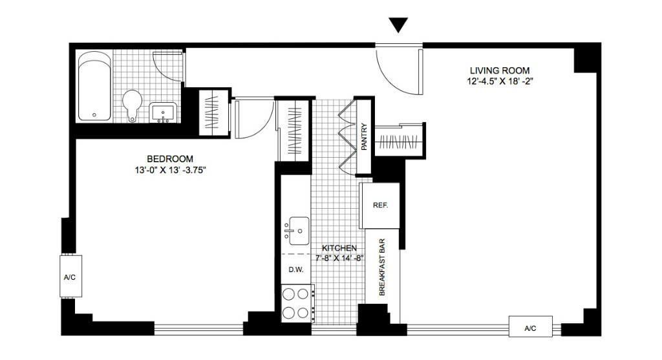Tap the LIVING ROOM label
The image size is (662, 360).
(499, 70)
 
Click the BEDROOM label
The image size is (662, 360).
(170, 159)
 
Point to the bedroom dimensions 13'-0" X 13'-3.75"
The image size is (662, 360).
(170, 171)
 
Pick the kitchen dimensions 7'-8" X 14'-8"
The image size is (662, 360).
(339, 258)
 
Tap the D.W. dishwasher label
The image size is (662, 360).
(296, 270)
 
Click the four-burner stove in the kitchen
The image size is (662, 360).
(297, 303)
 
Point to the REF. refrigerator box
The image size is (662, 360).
(380, 205)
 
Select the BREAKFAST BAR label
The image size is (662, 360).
(383, 268)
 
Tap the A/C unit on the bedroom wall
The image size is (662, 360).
(70, 277)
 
